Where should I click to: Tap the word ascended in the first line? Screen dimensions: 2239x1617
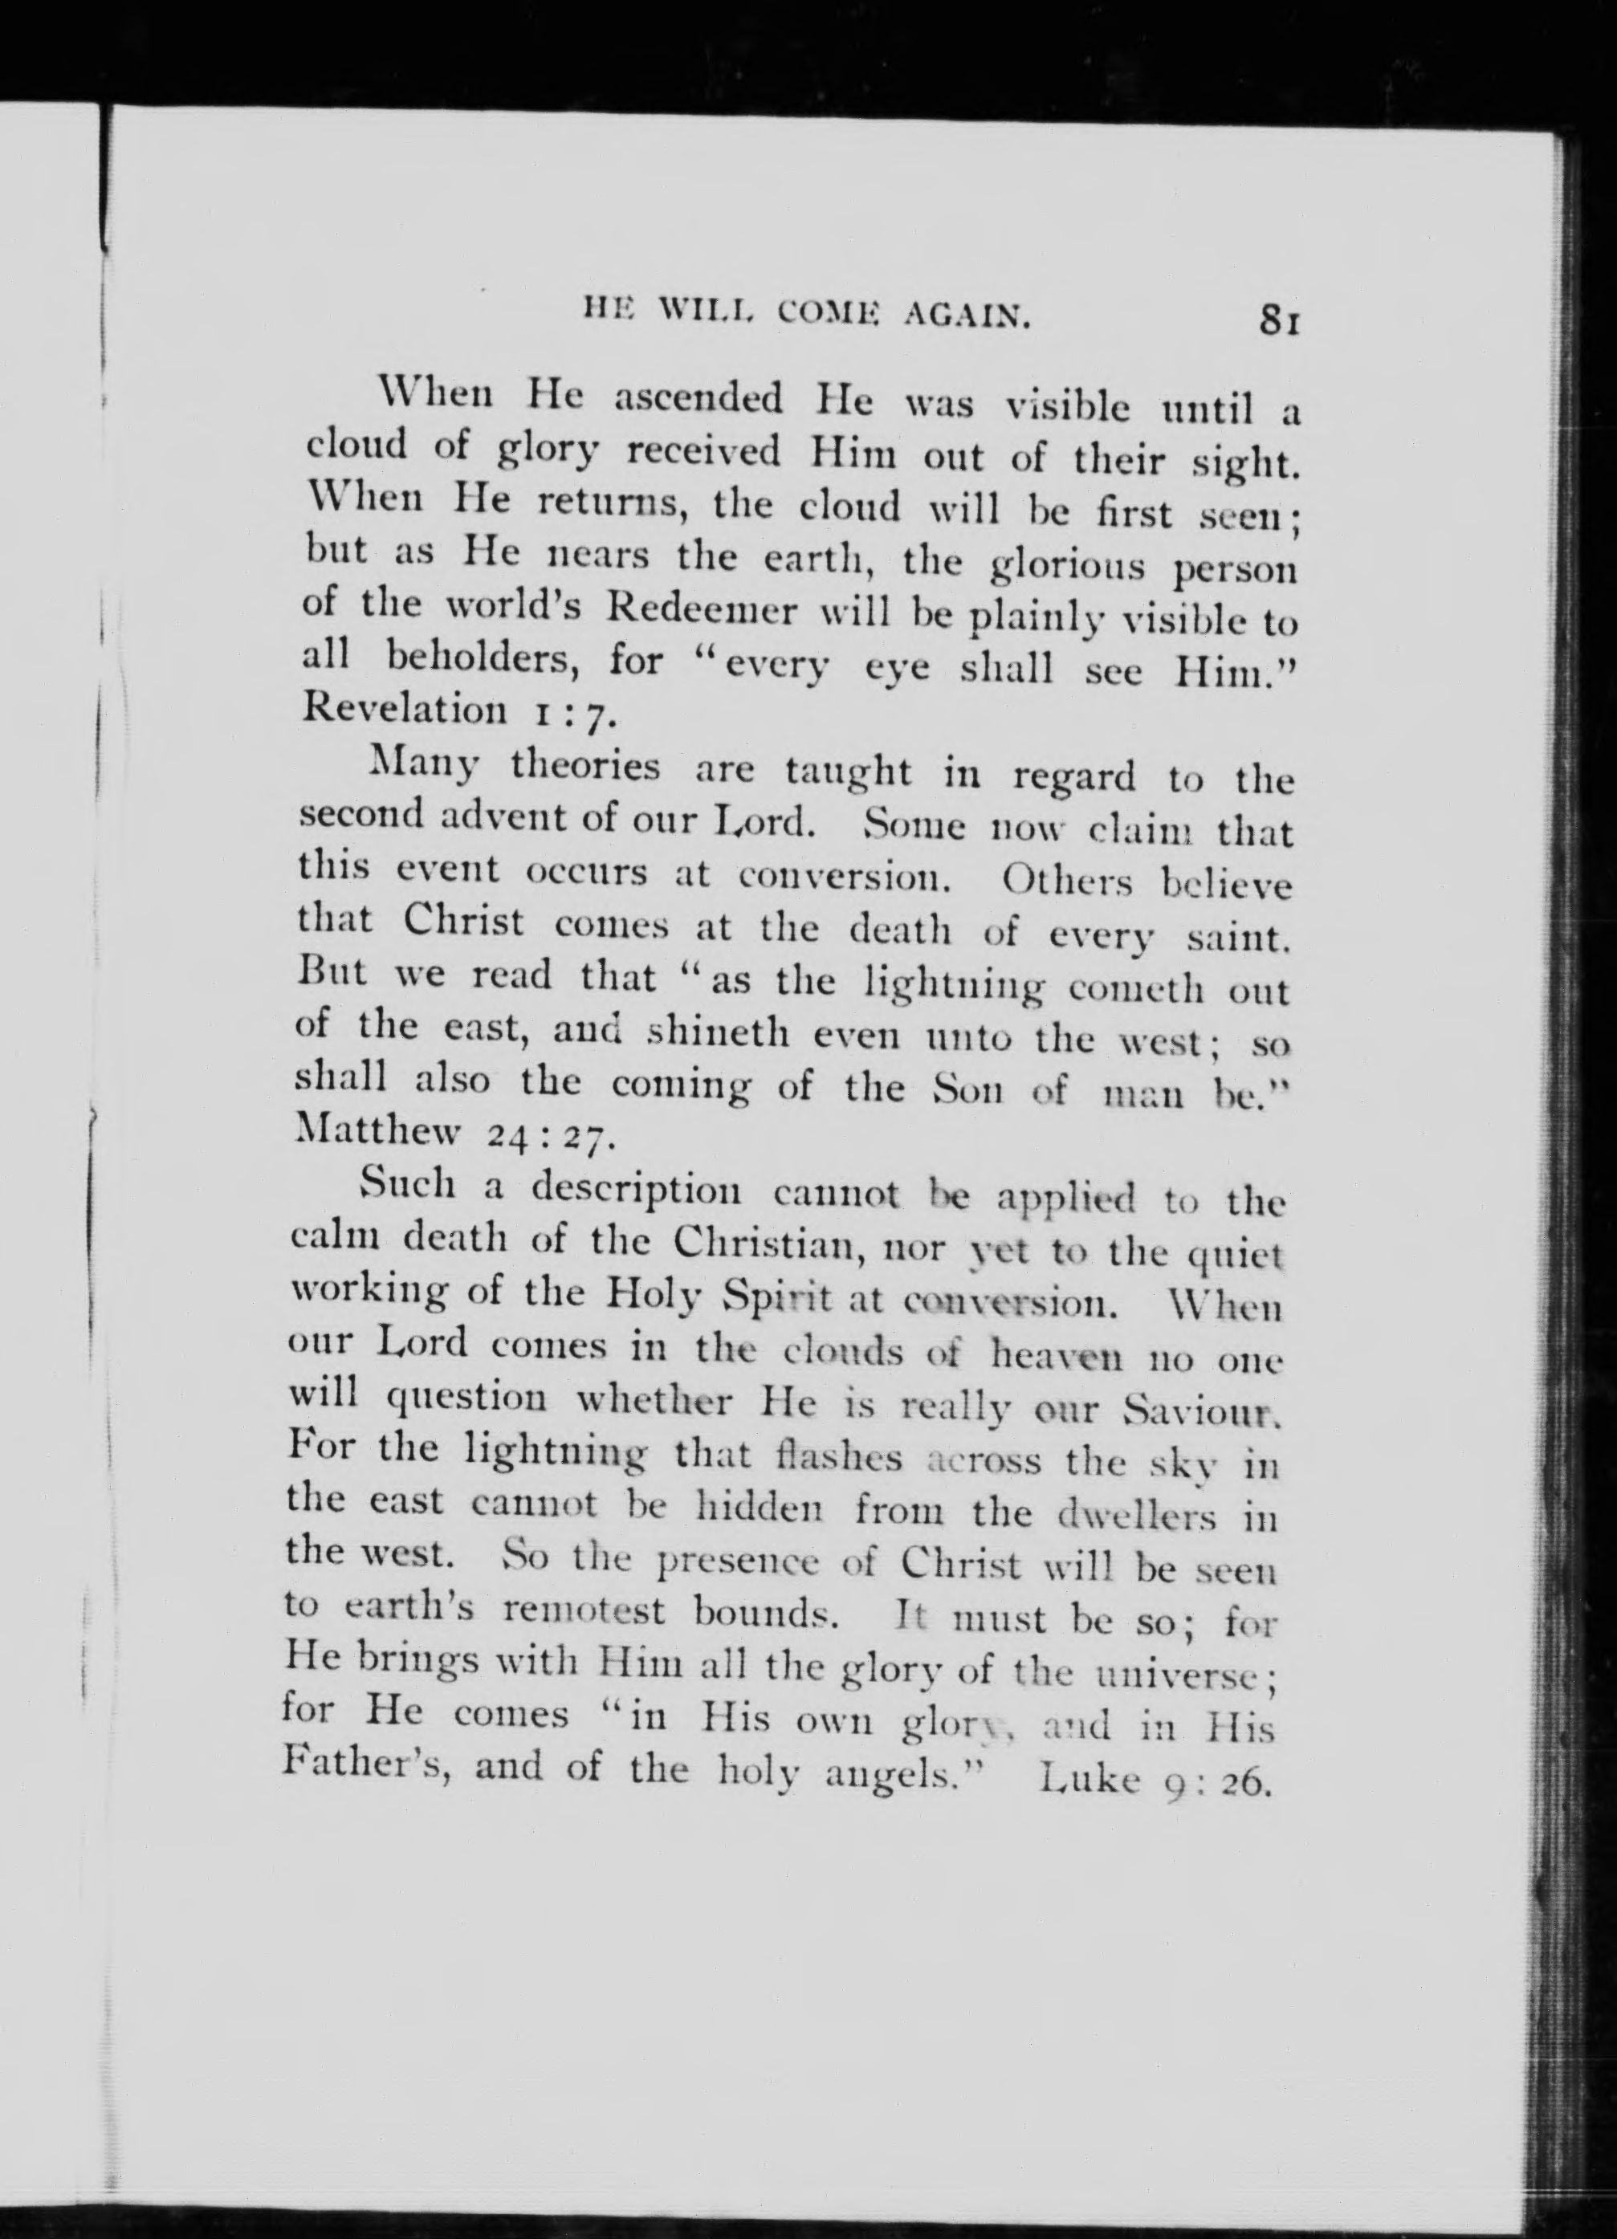click(x=699, y=400)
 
